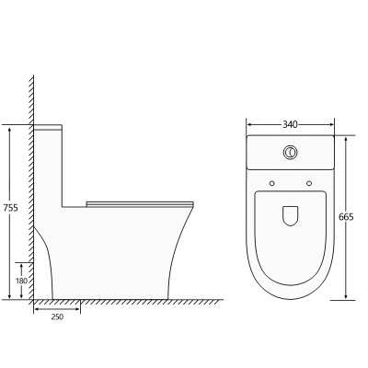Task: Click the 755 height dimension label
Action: click(11, 208)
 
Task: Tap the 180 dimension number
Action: click(21, 281)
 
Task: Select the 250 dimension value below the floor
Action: click(57, 317)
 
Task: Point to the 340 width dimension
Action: click(290, 124)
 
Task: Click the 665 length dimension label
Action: click(346, 217)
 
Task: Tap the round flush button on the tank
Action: click(290, 152)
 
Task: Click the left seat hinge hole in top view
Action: click(271, 183)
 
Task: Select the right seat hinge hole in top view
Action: click(309, 183)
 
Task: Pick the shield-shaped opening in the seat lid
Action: click(290, 215)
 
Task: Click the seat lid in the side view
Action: click(140, 204)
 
